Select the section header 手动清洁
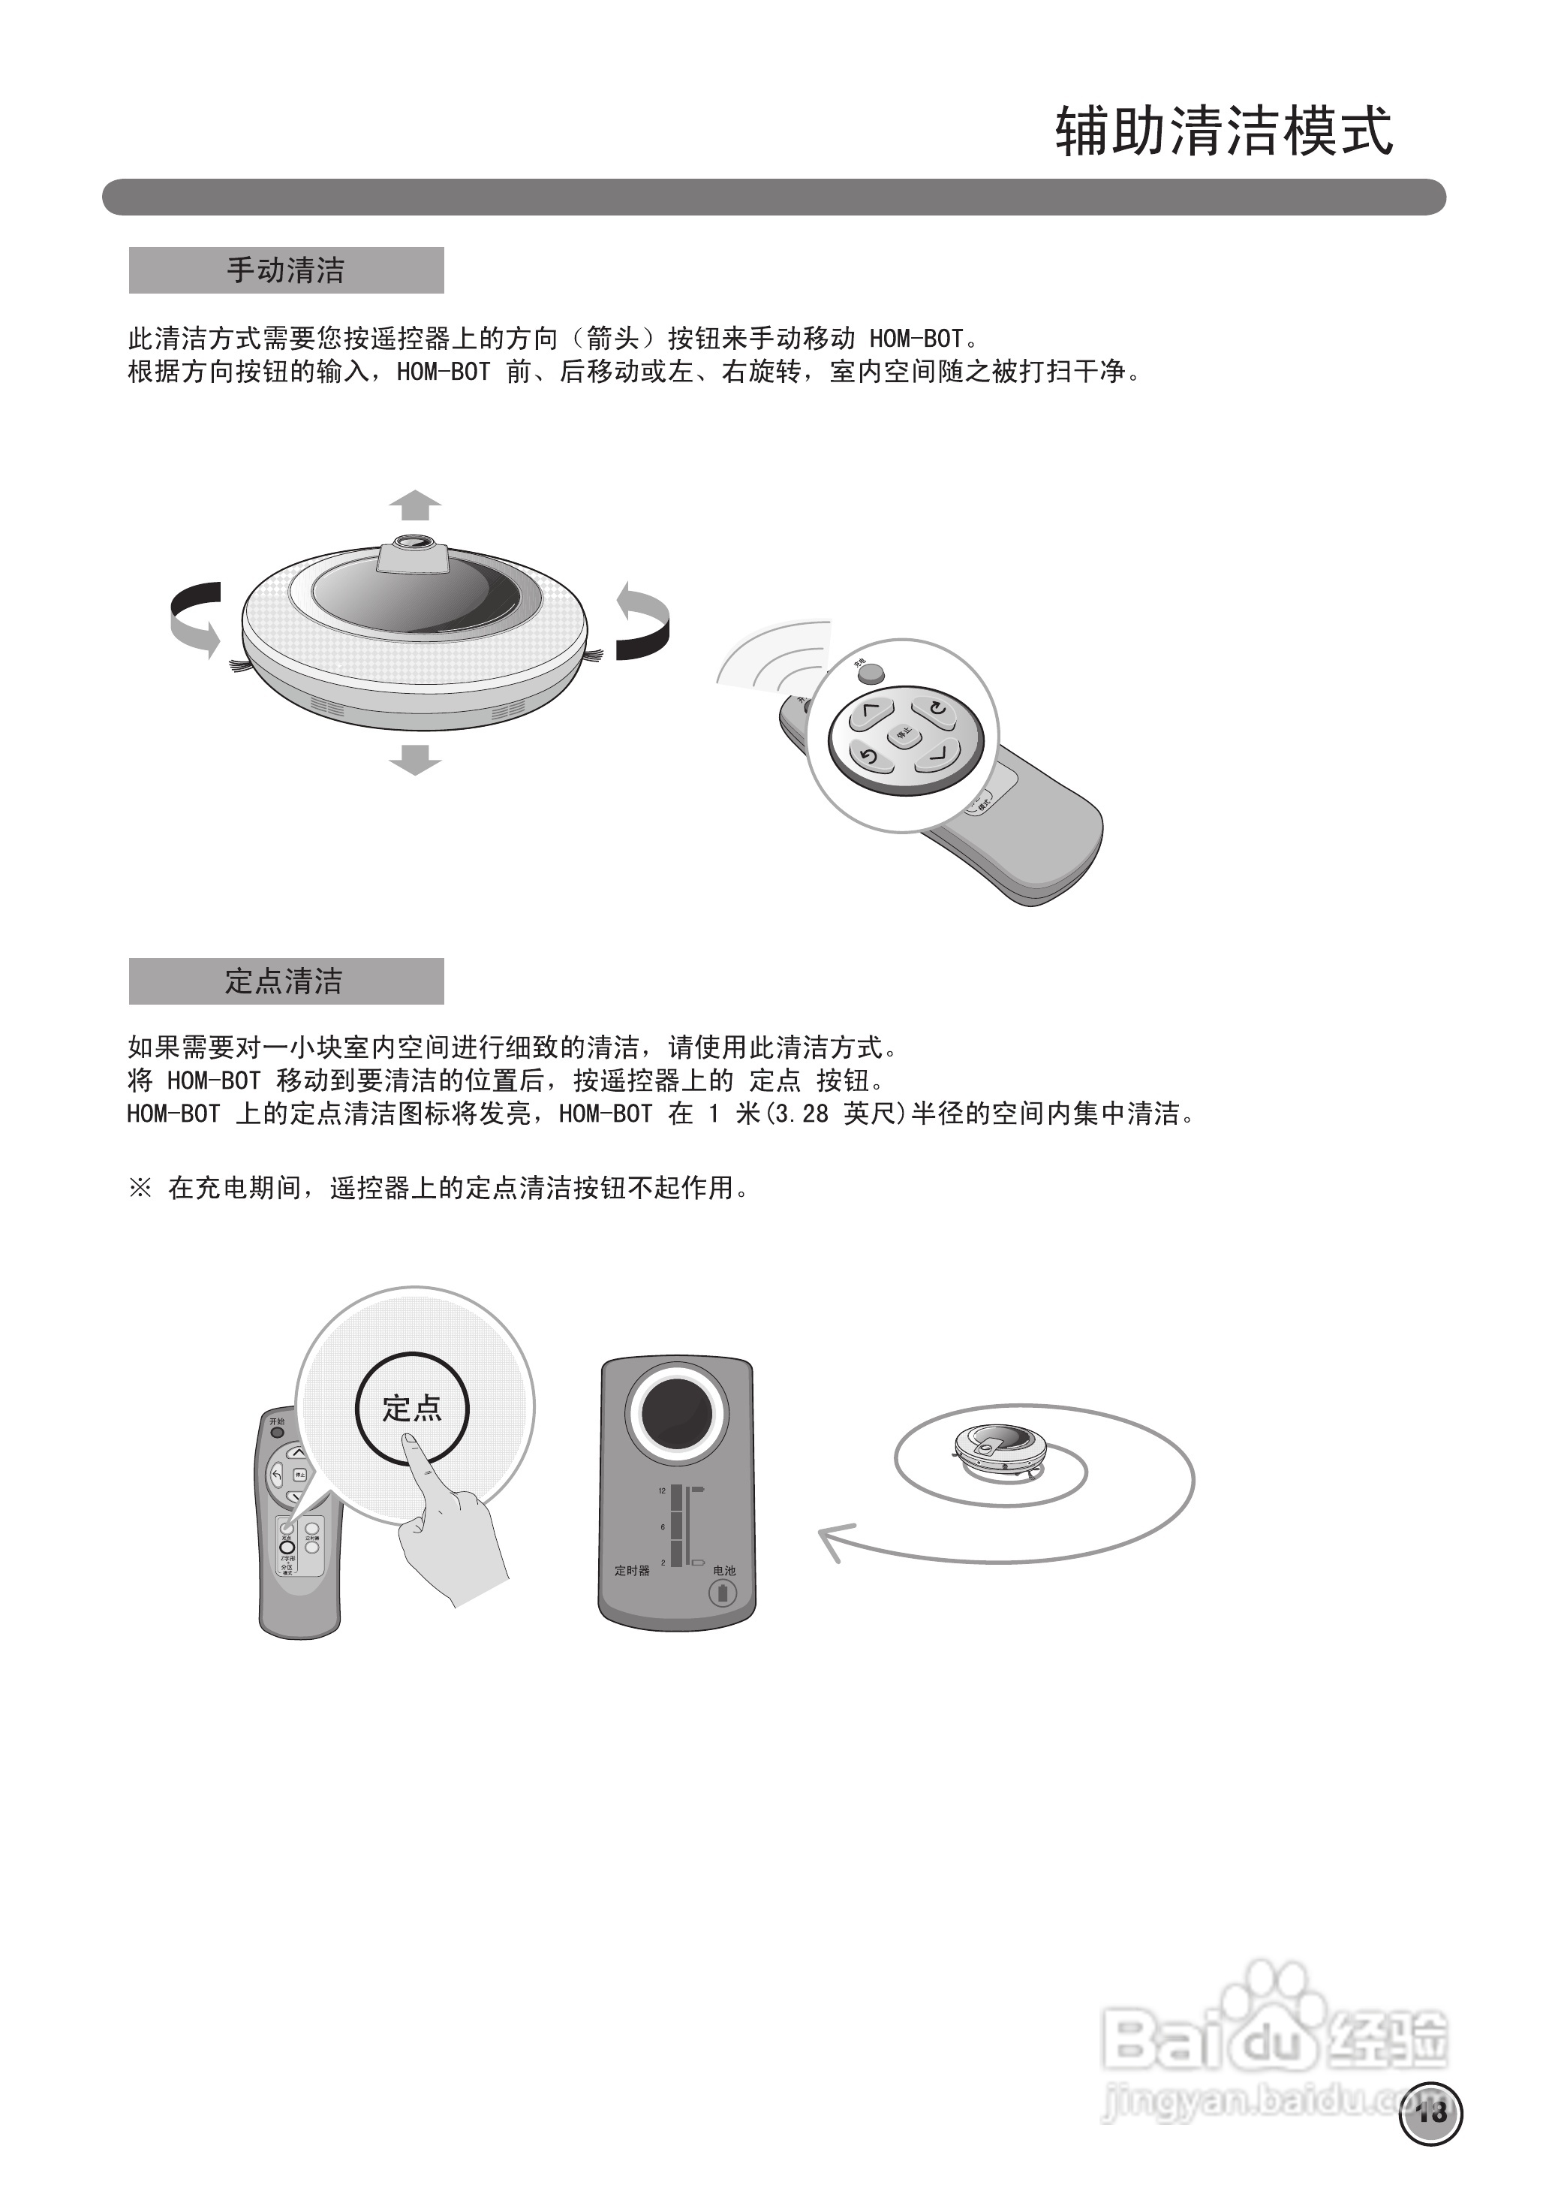[285, 270]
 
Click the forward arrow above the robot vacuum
[415, 505]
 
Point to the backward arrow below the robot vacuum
[415, 760]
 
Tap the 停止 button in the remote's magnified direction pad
[904, 733]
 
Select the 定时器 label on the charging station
[631, 1571]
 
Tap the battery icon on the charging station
[722, 1593]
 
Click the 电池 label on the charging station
[724, 1571]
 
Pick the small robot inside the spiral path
[1000, 1451]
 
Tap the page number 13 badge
[1430, 2114]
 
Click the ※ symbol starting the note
[140, 1188]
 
